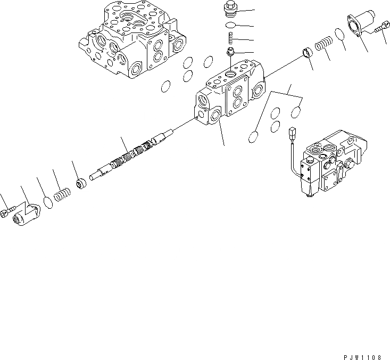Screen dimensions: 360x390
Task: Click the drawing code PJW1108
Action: coord(368,353)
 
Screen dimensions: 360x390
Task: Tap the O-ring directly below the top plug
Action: coord(230,25)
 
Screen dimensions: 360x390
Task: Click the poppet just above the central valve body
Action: coord(230,52)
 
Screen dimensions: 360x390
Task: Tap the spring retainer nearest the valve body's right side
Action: coord(306,52)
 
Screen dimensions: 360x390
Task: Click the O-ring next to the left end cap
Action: coord(48,201)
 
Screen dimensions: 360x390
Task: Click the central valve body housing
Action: coord(229,96)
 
